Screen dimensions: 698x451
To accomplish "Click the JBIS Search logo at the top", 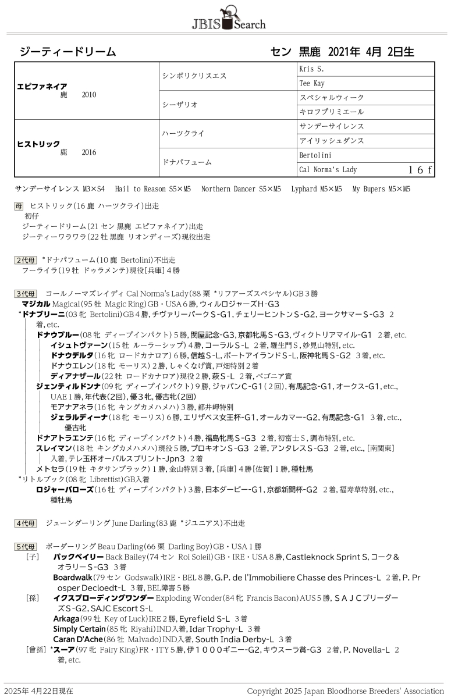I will click(x=228, y=17).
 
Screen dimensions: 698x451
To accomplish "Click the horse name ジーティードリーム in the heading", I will click(x=68, y=52).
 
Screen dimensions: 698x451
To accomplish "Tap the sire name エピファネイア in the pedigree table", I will click(x=42, y=86).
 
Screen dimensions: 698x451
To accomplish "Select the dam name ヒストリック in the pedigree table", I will click(x=39, y=144).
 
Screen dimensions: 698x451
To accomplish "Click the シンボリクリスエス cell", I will click(x=193, y=76).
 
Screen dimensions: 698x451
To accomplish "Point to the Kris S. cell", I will click(x=311, y=69).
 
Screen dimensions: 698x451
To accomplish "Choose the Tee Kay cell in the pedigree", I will click(x=312, y=83).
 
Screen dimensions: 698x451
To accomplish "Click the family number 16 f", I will click(x=420, y=170).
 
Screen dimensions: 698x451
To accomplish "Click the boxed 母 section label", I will click(x=19, y=206).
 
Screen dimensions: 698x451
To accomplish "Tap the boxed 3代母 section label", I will click(x=26, y=294).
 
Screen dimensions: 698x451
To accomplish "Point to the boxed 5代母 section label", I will click(x=26, y=547).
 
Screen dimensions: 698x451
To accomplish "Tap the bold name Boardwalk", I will click(x=73, y=578).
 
